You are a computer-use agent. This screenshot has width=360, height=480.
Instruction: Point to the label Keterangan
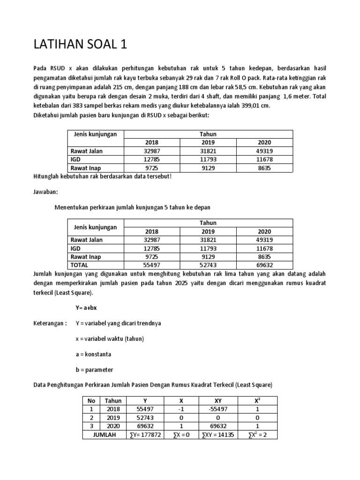[50, 323]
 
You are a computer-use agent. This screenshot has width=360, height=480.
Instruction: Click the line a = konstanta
[93, 354]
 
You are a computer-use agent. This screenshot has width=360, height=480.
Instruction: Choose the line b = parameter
[94, 369]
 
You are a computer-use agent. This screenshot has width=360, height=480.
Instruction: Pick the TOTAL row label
[80, 265]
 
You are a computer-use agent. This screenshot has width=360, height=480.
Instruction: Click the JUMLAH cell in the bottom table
[102, 435]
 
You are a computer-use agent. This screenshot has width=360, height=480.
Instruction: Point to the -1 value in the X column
[180, 409]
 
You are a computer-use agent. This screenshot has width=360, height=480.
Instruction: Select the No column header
[91, 400]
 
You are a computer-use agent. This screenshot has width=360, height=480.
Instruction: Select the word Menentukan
[72, 207]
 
